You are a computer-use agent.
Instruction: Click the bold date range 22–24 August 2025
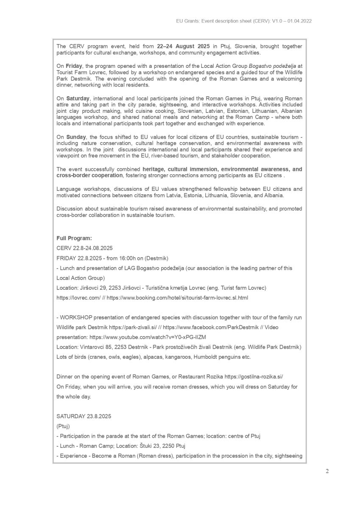click(x=183, y=46)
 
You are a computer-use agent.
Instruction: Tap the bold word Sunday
click(x=76, y=137)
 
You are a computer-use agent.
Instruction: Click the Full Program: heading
click(x=74, y=238)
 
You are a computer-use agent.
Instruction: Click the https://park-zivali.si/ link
click(x=133, y=327)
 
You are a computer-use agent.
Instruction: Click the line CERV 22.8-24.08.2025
click(x=84, y=248)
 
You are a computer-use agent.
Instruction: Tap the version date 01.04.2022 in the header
click(x=296, y=21)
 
